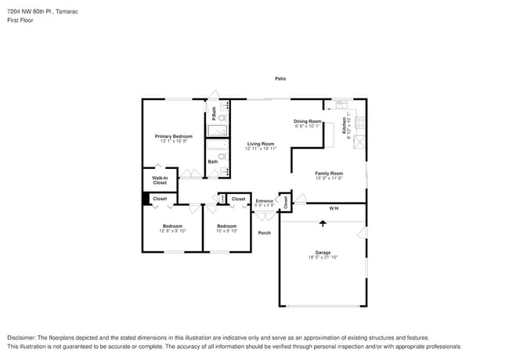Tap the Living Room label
click(x=261, y=143)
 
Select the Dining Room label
click(x=308, y=121)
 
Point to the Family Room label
click(x=329, y=173)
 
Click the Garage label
click(x=323, y=252)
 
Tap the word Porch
click(x=265, y=232)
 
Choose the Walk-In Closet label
click(x=160, y=180)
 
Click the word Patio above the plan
click(x=280, y=78)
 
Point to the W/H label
click(x=333, y=208)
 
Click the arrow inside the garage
click(x=323, y=224)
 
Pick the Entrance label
click(x=264, y=201)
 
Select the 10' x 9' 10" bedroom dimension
click(x=226, y=230)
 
